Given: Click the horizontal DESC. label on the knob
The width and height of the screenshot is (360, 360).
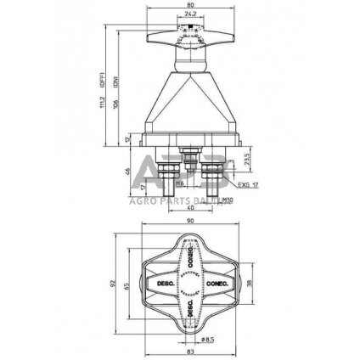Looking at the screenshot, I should [x=164, y=282].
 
